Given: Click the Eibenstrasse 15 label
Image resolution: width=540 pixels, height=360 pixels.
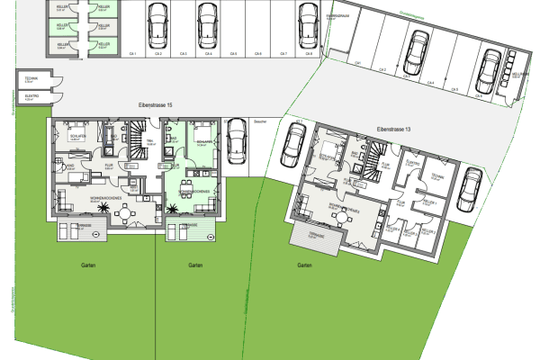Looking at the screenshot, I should [155, 107].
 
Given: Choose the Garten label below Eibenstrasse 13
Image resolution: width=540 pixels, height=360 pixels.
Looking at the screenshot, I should [304, 265].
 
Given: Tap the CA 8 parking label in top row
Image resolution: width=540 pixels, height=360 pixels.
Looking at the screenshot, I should [308, 52].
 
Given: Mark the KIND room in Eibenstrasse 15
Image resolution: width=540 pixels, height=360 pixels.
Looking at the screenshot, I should [67, 168].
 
